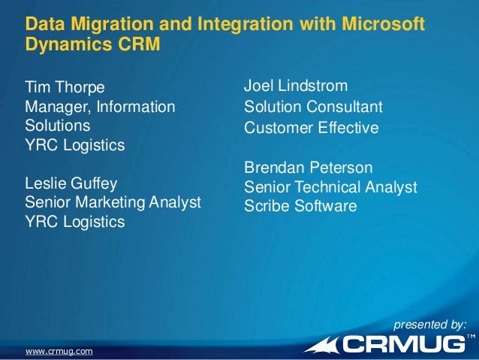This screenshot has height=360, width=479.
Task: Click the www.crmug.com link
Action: point(59,351)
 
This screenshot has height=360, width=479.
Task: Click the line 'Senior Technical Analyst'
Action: point(330,186)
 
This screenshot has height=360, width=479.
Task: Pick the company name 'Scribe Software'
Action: point(300,205)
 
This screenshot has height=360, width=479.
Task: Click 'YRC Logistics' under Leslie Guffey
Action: point(75,222)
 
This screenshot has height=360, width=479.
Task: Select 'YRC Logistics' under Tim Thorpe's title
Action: point(75,144)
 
